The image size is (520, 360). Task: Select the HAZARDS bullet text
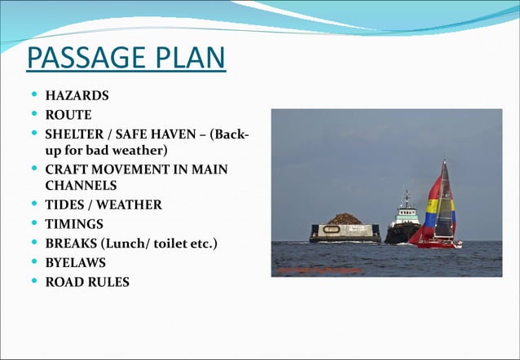coord(77,96)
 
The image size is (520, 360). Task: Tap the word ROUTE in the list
coord(68,115)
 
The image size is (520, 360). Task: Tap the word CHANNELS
coord(81,186)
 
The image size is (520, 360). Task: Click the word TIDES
coord(64,204)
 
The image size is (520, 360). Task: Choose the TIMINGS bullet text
coord(74,224)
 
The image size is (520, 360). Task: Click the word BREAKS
coord(70,244)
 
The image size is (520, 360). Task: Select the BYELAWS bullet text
coord(75,263)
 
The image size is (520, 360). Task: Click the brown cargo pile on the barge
coord(346,219)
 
